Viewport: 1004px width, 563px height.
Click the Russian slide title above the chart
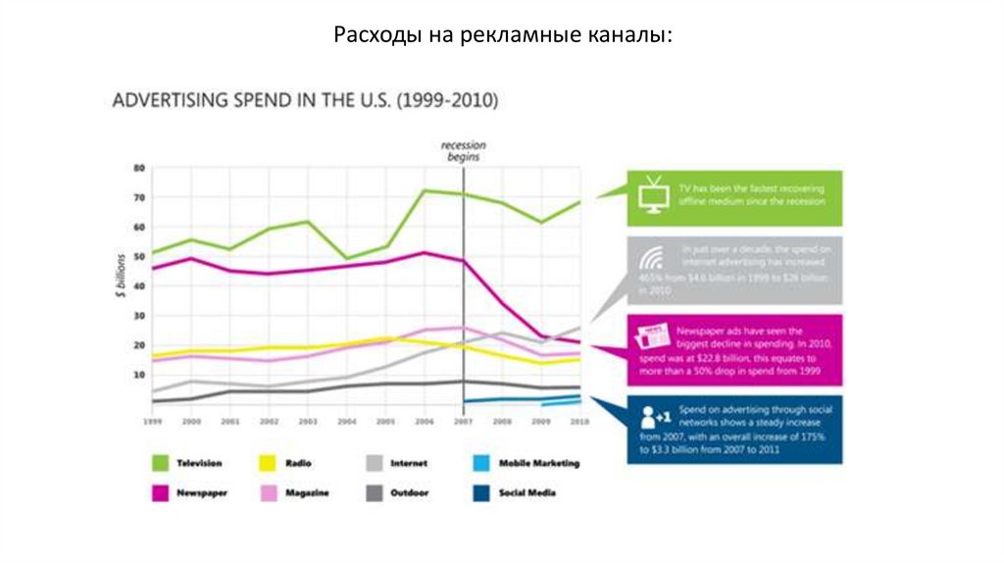coord(502,36)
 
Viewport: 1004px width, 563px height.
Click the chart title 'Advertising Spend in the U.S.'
coord(307,100)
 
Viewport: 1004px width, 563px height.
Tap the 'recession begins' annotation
coord(463,151)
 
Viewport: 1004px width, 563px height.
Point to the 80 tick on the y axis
coord(138,168)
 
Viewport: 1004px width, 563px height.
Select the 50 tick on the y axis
coord(138,257)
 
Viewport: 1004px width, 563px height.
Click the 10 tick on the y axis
coord(138,375)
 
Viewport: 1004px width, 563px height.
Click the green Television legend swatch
coord(162,462)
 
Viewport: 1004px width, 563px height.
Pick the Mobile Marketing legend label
coord(539,463)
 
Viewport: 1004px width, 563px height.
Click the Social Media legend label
coord(527,492)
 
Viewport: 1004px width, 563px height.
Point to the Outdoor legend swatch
coord(375,492)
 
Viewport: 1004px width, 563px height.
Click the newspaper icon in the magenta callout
coord(654,336)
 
